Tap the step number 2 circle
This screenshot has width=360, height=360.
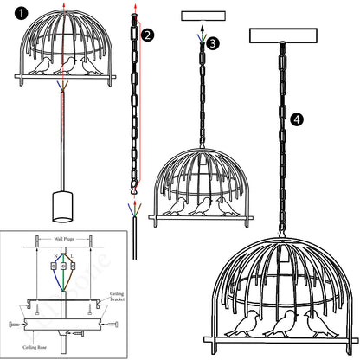point(148,35)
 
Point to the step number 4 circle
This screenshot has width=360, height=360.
point(299,120)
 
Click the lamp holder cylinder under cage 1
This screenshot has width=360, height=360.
point(62,209)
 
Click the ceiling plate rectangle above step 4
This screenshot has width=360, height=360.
point(280,36)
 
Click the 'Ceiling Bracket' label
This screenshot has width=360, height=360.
point(118,297)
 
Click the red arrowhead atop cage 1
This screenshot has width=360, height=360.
point(61,5)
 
